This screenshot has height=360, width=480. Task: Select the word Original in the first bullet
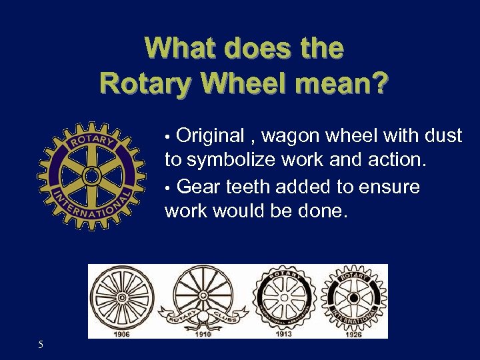point(211,136)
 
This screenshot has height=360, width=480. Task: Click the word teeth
point(244,187)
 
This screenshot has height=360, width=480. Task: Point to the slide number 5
point(41,345)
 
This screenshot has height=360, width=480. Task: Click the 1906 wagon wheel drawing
point(122,297)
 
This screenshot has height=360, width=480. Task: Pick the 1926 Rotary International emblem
point(353,297)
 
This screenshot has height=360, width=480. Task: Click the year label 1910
point(203,334)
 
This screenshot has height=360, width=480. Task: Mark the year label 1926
point(354,334)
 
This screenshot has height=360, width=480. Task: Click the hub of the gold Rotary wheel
point(91,176)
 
